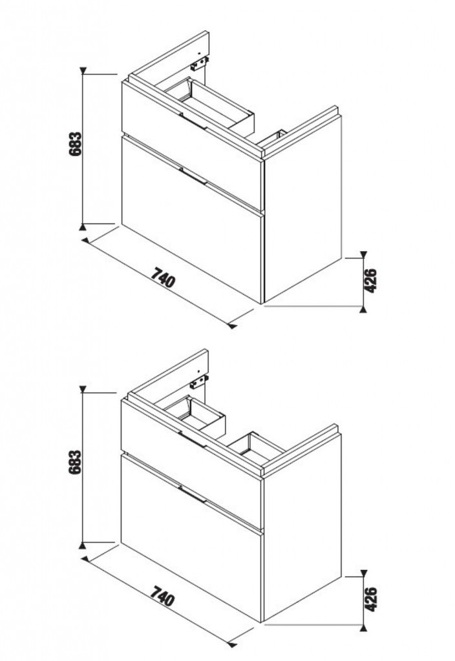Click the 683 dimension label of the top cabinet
(75, 145)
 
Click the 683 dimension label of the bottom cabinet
(75, 463)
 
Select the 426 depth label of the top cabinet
(370, 281)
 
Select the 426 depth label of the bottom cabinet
(370, 599)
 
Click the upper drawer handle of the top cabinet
(194, 121)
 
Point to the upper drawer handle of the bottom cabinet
(193, 439)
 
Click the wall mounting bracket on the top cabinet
(200, 64)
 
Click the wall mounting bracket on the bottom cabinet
(200, 382)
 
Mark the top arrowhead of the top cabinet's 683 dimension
(83, 71)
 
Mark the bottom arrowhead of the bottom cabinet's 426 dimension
(363, 627)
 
